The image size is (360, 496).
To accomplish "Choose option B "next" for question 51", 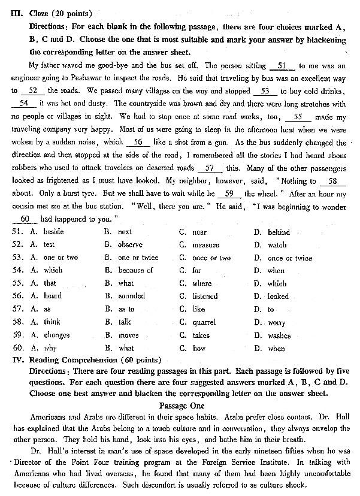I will pyautogui.click(x=124, y=232).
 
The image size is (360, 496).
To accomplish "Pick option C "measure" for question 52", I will pyautogui.click(x=205, y=245).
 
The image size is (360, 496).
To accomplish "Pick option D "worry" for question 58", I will pyautogui.click(x=277, y=322).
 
